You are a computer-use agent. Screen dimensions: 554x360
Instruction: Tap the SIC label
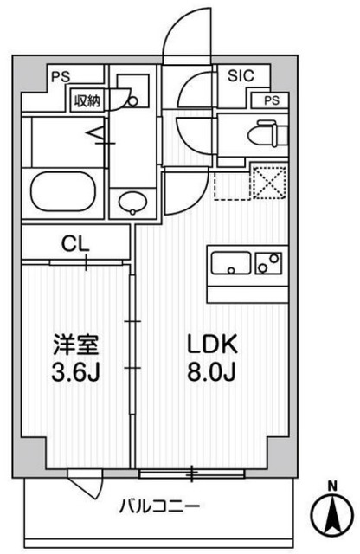click(x=242, y=76)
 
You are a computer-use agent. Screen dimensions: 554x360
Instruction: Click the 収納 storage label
click(x=87, y=100)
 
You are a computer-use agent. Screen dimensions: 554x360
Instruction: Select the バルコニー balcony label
click(x=159, y=505)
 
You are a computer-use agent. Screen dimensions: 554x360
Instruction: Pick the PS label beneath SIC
click(x=272, y=100)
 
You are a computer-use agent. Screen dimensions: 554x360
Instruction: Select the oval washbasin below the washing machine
click(x=132, y=203)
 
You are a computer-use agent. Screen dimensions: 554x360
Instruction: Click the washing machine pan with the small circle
click(x=132, y=97)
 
